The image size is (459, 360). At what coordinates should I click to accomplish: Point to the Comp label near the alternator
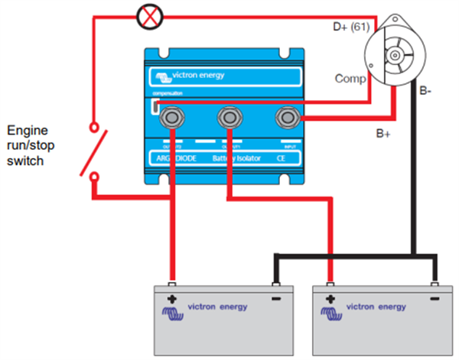coord(350,78)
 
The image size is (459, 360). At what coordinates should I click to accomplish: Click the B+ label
coord(385,132)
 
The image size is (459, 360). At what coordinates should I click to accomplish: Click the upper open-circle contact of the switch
coord(94,128)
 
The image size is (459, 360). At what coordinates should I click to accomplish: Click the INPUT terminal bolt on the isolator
coord(288,118)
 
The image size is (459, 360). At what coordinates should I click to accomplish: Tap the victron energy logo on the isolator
coord(187,75)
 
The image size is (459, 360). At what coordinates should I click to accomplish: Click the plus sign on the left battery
coord(172,298)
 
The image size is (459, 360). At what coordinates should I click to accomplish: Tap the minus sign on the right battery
coord(434,298)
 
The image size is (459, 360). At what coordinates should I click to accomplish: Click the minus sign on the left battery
coord(275,298)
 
